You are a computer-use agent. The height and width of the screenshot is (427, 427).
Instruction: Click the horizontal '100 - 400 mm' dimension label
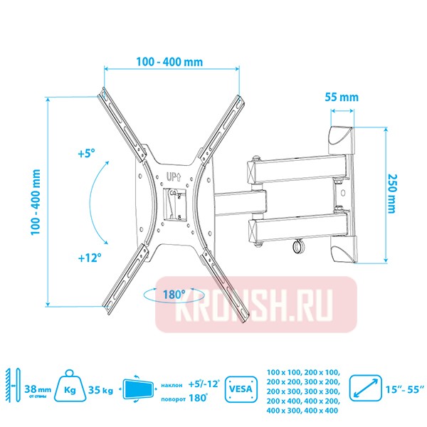click(169, 61)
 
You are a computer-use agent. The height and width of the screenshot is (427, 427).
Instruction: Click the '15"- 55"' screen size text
click(407, 389)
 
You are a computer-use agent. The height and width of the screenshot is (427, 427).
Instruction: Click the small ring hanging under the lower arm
click(295, 246)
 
